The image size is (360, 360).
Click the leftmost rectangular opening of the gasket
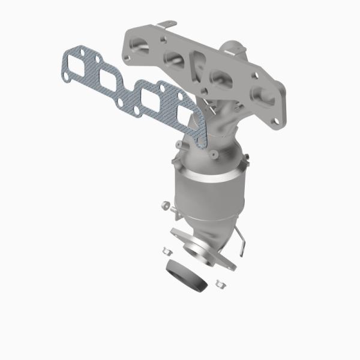[79, 64]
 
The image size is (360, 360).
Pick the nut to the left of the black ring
[167, 251]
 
